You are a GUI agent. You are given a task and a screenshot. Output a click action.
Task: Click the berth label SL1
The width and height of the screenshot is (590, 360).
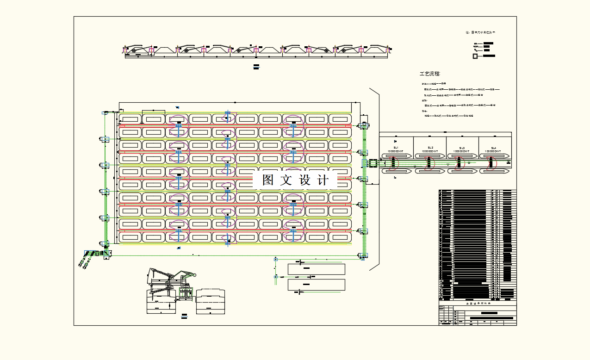[396, 148]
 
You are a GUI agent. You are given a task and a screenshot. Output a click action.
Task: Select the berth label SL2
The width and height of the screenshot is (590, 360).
[430, 148]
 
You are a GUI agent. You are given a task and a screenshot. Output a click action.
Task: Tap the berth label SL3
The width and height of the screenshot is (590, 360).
[462, 148]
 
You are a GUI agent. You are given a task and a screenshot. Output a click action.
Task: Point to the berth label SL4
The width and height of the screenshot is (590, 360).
[493, 148]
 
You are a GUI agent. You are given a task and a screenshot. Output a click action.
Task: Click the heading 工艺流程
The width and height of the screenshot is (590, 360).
[430, 74]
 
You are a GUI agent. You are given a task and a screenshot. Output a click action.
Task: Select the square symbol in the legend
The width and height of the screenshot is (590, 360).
[475, 56]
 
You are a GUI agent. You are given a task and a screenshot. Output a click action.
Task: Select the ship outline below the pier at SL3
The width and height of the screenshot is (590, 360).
[462, 171]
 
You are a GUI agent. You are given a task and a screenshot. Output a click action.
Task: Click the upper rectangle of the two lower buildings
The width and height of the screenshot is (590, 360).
[316, 269]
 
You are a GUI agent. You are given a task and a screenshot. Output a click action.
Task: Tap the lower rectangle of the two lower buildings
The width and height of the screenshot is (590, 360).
[316, 285]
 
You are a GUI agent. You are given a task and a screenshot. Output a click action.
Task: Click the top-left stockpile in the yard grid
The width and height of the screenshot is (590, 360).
[130, 119]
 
